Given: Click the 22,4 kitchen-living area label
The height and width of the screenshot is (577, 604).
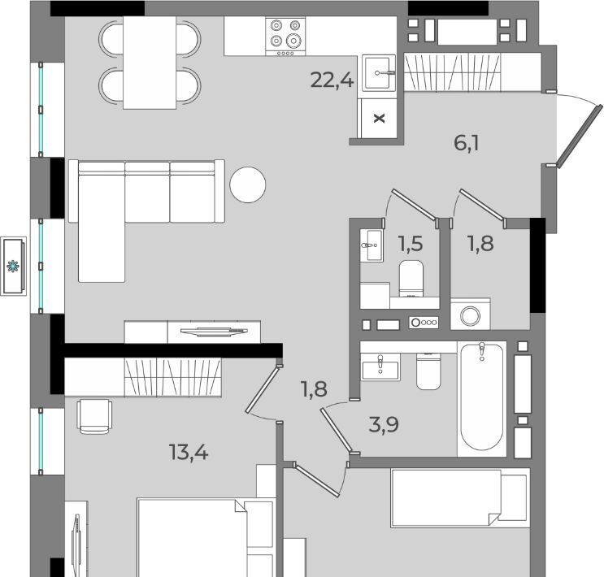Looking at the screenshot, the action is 332,80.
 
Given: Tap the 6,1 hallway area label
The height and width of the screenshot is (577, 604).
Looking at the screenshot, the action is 467,143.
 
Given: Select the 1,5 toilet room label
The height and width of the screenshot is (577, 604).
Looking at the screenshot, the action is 411,244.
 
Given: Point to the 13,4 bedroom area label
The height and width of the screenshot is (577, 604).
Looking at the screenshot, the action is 189,452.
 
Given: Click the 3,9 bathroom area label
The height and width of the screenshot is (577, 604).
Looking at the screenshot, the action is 384,424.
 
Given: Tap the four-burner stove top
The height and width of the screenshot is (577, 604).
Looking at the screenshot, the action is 285,37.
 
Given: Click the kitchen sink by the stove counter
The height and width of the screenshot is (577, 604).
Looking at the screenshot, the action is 380,73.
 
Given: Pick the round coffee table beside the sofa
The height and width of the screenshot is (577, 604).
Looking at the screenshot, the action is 248,185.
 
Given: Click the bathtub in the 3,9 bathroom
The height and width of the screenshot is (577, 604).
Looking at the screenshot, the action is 482,397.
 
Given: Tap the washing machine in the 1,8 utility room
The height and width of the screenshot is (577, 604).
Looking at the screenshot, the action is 471,315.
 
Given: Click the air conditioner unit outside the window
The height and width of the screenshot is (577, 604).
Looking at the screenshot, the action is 14,267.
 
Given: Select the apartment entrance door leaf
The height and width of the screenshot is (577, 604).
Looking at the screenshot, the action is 579,136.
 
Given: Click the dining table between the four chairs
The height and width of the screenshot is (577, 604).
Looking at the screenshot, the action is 150,63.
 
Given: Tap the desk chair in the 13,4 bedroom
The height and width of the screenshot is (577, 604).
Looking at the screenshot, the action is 95,417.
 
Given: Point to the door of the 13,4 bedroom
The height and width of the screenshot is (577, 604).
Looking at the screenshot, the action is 262,390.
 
